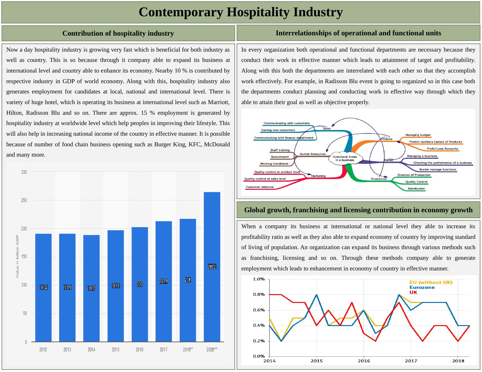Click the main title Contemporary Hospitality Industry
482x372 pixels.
(x=240, y=12)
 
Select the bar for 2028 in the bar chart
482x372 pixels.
(x=212, y=266)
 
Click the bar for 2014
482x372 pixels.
(x=91, y=288)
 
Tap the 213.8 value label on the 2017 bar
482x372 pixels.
(x=163, y=281)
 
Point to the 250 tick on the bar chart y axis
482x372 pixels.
(x=24, y=200)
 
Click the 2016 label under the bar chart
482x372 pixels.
(x=140, y=349)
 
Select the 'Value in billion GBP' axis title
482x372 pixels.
(x=18, y=256)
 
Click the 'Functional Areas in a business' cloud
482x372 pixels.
(x=345, y=158)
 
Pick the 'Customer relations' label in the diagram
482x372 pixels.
(x=259, y=187)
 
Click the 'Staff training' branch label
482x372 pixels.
(x=280, y=150)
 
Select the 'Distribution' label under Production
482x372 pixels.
(x=416, y=189)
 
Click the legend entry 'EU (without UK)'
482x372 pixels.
(x=431, y=282)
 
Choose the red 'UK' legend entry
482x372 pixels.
(x=413, y=292)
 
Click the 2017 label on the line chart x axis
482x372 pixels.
(x=411, y=361)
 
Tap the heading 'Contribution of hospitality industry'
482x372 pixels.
(x=118, y=33)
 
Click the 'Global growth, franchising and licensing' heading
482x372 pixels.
(x=358, y=210)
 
